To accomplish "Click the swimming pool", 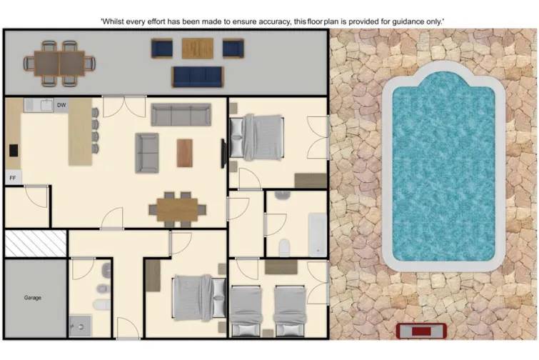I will click(x=443, y=167).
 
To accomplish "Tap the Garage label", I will click(x=33, y=297).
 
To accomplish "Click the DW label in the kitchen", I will click(x=61, y=106).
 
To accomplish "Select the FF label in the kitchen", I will click(x=12, y=177).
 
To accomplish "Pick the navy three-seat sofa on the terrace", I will click(x=198, y=76).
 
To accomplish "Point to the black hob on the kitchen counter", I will click(x=14, y=151).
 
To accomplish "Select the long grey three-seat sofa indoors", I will click(x=181, y=114).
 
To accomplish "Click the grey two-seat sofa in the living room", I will click(x=147, y=152).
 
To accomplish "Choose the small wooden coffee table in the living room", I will click(x=185, y=152).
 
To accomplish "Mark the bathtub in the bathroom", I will click(x=317, y=234).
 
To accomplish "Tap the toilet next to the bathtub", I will click(x=285, y=248).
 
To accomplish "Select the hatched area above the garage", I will click(x=35, y=244).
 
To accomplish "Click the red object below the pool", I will click(x=421, y=331).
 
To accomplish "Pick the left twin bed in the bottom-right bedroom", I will click(x=246, y=311).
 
